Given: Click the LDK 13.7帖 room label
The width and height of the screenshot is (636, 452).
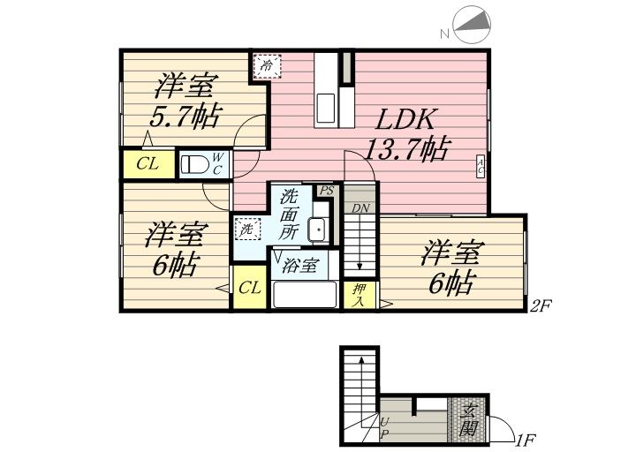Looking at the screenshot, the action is click(x=407, y=134).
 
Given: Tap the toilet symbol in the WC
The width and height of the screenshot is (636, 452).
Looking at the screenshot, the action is click(x=194, y=164).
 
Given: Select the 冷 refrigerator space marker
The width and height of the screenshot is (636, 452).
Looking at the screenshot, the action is click(x=267, y=66).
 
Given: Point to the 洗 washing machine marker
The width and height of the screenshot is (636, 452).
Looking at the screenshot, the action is click(x=247, y=230).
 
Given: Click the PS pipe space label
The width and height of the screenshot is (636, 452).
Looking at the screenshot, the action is click(x=326, y=191).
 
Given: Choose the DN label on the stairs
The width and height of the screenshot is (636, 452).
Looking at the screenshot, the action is click(x=360, y=208).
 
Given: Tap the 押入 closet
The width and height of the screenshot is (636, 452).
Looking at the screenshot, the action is click(x=359, y=295).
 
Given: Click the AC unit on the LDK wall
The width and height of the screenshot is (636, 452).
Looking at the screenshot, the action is click(x=480, y=166).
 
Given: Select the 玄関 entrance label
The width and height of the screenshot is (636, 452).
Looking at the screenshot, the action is click(x=469, y=420).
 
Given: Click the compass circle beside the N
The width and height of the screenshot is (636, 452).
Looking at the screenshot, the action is click(x=472, y=24).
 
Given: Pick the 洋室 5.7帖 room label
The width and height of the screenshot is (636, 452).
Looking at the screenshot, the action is click(x=184, y=101).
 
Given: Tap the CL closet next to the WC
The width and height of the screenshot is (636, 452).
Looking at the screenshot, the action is click(x=148, y=164).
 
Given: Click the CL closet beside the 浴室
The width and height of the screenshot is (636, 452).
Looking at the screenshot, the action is click(x=249, y=288).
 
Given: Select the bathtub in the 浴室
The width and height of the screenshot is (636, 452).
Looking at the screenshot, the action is click(x=305, y=294).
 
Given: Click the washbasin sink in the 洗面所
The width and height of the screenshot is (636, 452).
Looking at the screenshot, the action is click(x=318, y=229).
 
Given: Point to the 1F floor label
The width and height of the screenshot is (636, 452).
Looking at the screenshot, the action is click(x=526, y=439).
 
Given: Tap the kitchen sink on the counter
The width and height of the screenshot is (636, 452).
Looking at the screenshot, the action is click(x=325, y=108).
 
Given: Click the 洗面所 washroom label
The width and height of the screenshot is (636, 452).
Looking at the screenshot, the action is click(x=289, y=214).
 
